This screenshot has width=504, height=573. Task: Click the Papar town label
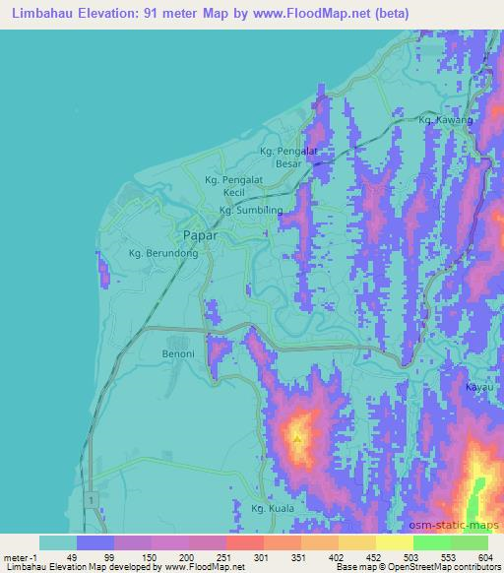pyautogui.click(x=201, y=235)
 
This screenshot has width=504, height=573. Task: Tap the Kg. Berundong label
pyautogui.click(x=164, y=253)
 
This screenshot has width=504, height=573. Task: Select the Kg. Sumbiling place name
pyautogui.click(x=251, y=211)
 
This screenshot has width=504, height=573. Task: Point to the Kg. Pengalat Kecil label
pyautogui.click(x=232, y=186)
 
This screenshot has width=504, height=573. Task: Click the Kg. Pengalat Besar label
pyautogui.click(x=288, y=157)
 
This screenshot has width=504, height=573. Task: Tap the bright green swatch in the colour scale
pyautogui.click(x=431, y=542)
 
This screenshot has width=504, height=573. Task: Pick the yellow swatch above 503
pyautogui.click(x=393, y=542)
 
